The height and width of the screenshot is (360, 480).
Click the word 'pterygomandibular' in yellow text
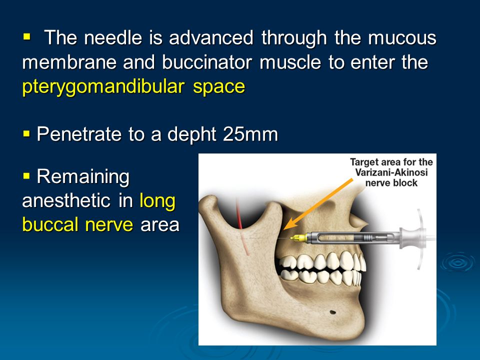pyautogui.click(x=103, y=87)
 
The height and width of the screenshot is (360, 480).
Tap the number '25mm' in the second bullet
pyautogui.click(x=250, y=134)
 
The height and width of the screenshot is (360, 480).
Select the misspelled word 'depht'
pyautogui.click(x=192, y=134)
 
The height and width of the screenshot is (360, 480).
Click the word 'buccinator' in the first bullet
pyautogui.click(x=207, y=62)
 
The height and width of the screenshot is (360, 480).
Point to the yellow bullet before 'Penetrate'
pyautogui.click(x=27, y=134)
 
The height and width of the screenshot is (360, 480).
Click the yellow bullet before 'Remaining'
pyautogui.click(x=27, y=176)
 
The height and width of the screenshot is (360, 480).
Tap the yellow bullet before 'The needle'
pyautogui.click(x=27, y=37)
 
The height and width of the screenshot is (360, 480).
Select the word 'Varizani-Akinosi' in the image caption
pyautogui.click(x=391, y=172)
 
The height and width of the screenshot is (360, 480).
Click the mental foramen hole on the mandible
pyautogui.click(x=332, y=312)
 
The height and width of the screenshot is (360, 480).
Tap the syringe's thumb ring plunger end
pyautogui.click(x=420, y=239)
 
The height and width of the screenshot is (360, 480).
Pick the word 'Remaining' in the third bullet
pyautogui.click(x=83, y=177)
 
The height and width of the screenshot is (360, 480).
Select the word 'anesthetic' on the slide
pyautogui.click(x=66, y=201)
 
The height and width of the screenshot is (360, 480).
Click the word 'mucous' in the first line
pyautogui.click(x=402, y=38)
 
